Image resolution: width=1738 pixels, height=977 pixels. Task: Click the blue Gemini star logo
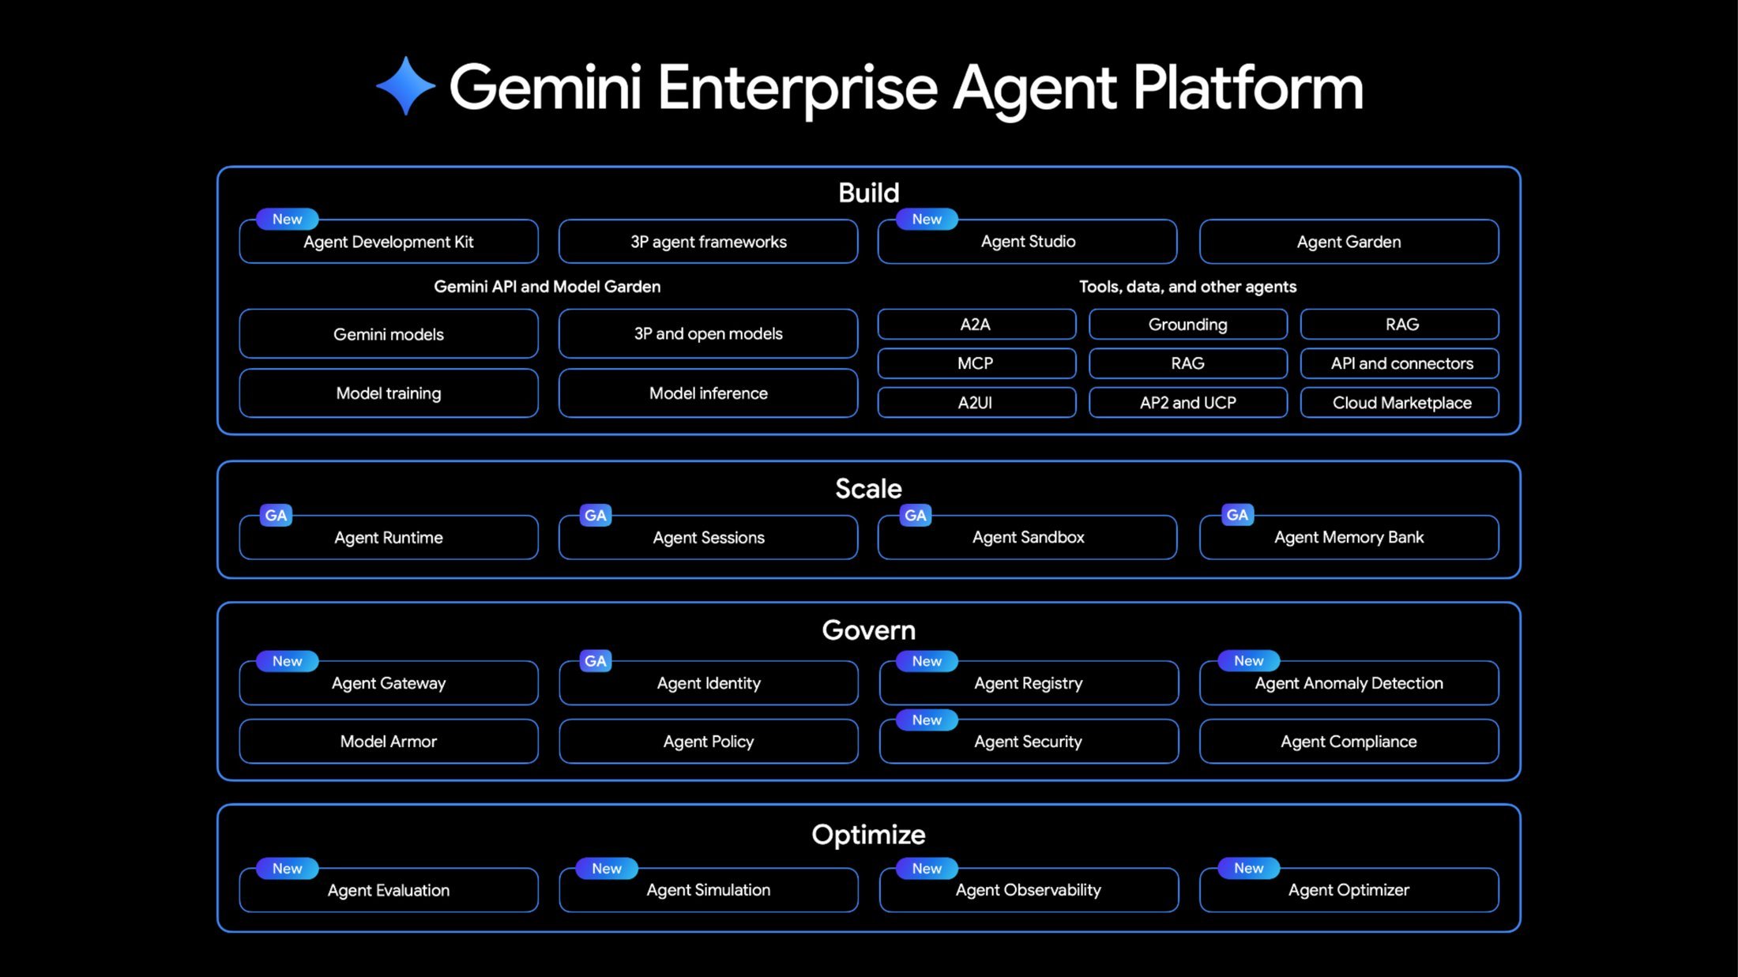click(x=405, y=86)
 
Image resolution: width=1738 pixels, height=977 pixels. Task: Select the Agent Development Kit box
click(x=389, y=242)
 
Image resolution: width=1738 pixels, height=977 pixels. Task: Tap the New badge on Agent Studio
click(x=927, y=219)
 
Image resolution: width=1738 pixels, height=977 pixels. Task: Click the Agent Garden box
click(x=1349, y=242)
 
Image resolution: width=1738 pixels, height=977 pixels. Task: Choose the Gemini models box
click(x=389, y=334)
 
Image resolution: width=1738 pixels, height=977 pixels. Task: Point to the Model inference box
click(x=708, y=393)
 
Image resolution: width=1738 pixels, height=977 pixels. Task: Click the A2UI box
click(x=976, y=403)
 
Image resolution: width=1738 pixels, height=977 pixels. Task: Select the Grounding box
click(x=1187, y=325)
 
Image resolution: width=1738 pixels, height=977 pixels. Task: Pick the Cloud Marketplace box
click(x=1401, y=403)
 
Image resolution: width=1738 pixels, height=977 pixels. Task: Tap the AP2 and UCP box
click(x=1187, y=403)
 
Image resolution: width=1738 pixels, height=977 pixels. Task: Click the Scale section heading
click(x=868, y=489)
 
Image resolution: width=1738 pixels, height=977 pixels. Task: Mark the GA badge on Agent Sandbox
click(x=915, y=516)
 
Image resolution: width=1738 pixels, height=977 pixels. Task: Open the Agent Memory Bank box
click(x=1349, y=538)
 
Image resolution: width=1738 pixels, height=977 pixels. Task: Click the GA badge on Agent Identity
click(x=595, y=661)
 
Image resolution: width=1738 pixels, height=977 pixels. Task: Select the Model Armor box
click(x=389, y=742)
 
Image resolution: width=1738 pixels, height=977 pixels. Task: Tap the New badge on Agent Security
click(x=927, y=720)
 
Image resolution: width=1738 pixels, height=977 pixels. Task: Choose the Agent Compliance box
click(x=1349, y=742)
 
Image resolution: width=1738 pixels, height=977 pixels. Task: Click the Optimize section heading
click(x=868, y=835)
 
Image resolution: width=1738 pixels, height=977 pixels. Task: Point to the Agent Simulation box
click(x=708, y=890)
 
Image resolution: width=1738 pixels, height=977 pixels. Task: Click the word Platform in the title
click(x=1247, y=88)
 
